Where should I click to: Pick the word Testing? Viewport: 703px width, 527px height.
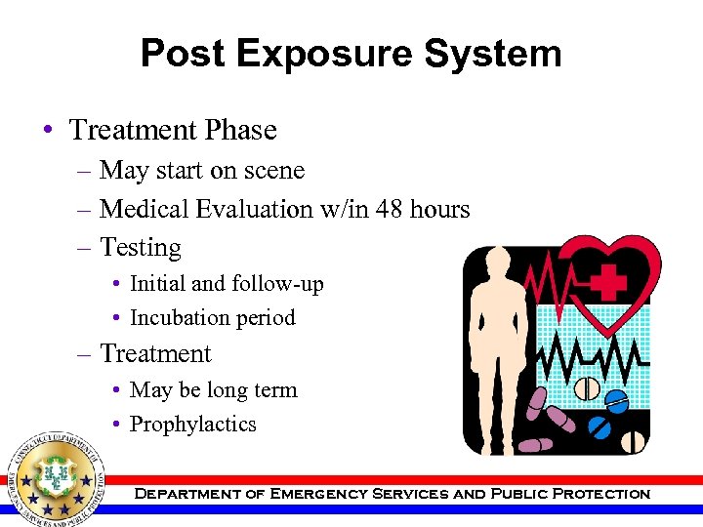141,248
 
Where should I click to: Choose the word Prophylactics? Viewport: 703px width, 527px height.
193,425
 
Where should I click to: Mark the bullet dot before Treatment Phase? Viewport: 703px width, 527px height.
48,131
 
